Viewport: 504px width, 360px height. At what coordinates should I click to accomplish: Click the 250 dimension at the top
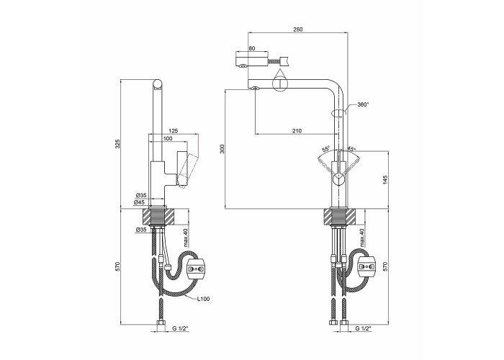[x=297, y=30]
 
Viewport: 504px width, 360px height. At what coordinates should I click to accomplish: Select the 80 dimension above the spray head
[x=252, y=48]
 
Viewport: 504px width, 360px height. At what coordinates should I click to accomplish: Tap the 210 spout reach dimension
[x=297, y=130]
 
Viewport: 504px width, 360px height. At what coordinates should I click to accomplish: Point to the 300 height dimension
[x=222, y=149]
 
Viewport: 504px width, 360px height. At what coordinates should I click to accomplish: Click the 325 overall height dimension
[x=117, y=144]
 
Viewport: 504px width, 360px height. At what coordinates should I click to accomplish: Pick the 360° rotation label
[x=363, y=104]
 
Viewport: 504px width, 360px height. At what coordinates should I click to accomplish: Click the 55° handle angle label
[x=325, y=149]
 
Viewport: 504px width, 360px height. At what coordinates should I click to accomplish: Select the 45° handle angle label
[x=351, y=149]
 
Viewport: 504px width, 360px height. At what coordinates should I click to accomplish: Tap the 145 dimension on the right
[x=386, y=179]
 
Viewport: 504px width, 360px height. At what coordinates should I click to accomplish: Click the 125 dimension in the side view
[x=174, y=131]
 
